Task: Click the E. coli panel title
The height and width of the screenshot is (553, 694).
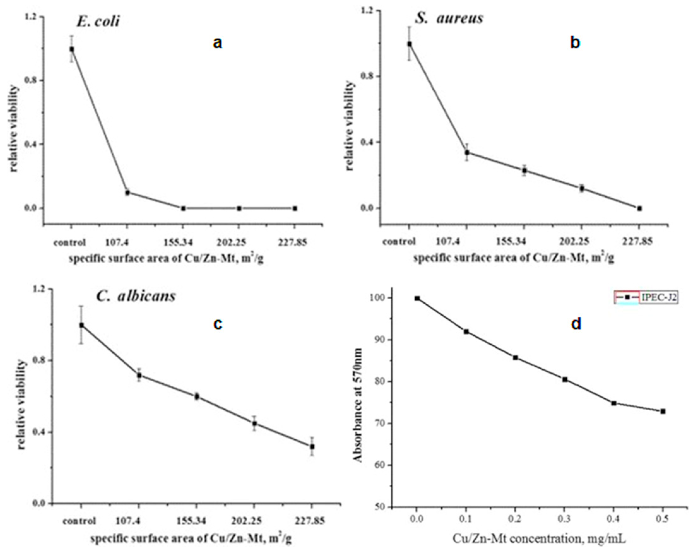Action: [x=98, y=22]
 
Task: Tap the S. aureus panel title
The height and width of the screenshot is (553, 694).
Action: [x=449, y=18]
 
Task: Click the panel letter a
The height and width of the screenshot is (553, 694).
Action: [x=218, y=43]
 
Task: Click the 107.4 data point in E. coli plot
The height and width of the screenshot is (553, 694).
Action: [x=127, y=193]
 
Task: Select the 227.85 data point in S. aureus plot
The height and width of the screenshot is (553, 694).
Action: [x=639, y=208]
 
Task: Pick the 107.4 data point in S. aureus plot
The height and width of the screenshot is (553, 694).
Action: [x=467, y=152]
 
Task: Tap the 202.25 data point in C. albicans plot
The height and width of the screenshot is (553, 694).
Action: [x=255, y=423]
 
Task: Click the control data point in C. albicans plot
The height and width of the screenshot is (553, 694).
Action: [x=82, y=326]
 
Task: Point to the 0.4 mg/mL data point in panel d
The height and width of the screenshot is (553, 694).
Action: [x=613, y=403]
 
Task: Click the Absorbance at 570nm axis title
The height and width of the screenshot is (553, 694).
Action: [x=358, y=406]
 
